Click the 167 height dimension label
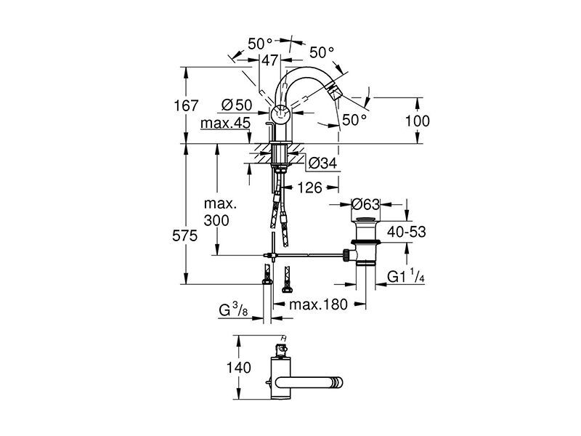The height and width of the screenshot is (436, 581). click(186, 105)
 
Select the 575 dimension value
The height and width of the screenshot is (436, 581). click(185, 235)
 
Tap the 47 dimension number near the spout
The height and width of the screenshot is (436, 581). click(269, 60)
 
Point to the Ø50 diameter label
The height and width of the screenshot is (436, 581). click(237, 105)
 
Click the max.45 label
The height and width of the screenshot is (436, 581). click(225, 123)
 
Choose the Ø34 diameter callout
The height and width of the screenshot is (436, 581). click(322, 163)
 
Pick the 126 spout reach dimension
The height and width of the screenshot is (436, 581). click(310, 187)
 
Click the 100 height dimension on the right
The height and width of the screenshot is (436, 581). click(417, 121)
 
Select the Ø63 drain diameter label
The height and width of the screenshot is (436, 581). click(366, 204)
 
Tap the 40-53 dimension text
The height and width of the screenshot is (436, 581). click(407, 232)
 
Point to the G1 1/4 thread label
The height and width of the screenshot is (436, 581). click(406, 276)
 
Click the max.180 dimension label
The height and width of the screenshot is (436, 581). click(318, 304)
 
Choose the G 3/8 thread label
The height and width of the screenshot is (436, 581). click(233, 310)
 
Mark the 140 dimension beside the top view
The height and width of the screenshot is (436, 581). click(239, 368)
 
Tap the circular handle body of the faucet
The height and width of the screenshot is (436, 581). click(280, 114)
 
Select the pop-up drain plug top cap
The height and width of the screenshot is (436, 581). click(366, 220)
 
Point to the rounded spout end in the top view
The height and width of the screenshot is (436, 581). click(338, 383)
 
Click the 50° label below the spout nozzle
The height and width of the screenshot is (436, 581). click(354, 119)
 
